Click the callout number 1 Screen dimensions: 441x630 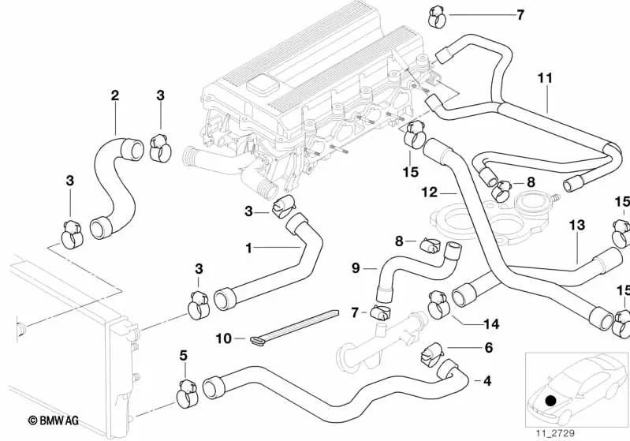click(249, 248)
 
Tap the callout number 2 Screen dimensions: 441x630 click(115, 96)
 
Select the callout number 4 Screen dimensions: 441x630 click(486, 381)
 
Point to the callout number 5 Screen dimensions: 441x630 click(184, 356)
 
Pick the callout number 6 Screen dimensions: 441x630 click(488, 347)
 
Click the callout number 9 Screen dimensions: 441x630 click(355, 268)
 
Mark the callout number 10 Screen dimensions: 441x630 click(223, 338)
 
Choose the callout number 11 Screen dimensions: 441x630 click(545, 79)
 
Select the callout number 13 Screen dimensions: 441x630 click(577, 226)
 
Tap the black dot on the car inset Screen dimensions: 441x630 click(550, 400)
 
